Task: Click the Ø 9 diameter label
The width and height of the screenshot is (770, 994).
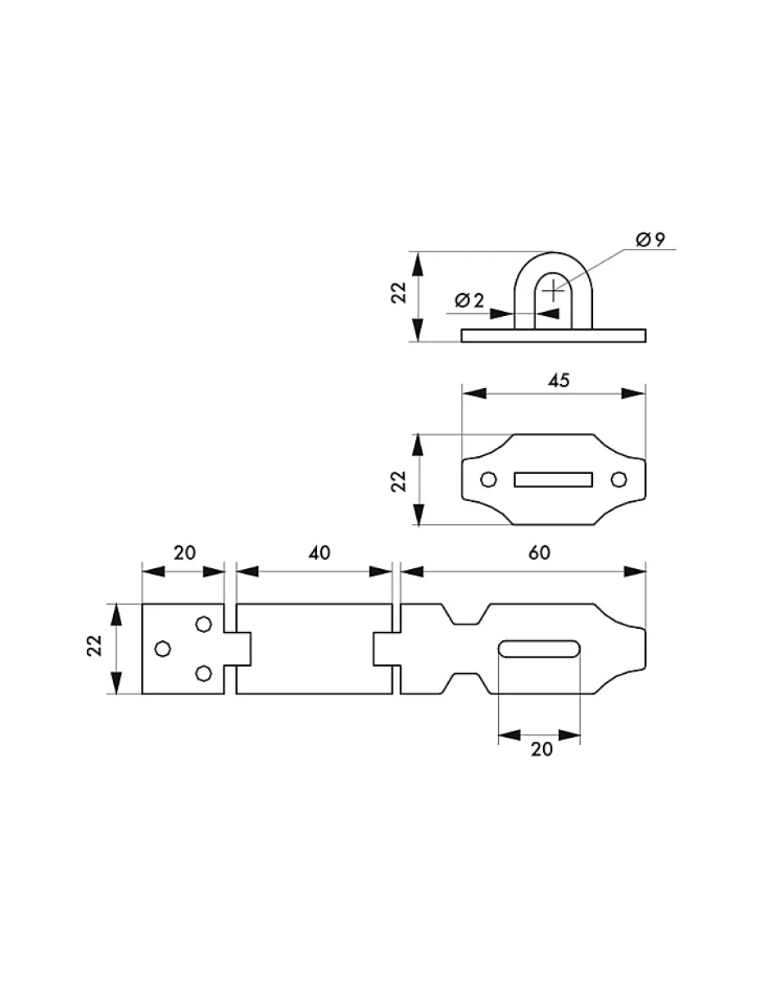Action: point(651,240)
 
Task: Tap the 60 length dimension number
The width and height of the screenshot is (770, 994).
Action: point(538,553)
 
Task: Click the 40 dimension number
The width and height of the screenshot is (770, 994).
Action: point(319,553)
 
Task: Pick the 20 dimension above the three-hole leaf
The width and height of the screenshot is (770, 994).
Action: point(184,553)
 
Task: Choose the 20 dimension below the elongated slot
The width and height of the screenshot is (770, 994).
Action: point(541,749)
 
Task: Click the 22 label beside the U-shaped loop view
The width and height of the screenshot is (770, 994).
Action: point(399,293)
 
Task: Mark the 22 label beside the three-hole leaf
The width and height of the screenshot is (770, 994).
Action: point(95,647)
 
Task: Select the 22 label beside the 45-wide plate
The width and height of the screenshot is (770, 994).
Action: point(399,480)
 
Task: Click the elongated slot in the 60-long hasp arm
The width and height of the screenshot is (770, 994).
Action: point(540,649)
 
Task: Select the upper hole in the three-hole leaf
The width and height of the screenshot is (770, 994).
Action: point(203,624)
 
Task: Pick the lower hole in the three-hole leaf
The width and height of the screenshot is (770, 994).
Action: point(203,674)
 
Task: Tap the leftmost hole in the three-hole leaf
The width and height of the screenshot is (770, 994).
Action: point(163,648)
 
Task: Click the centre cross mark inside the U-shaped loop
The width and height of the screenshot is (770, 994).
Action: point(555,289)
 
